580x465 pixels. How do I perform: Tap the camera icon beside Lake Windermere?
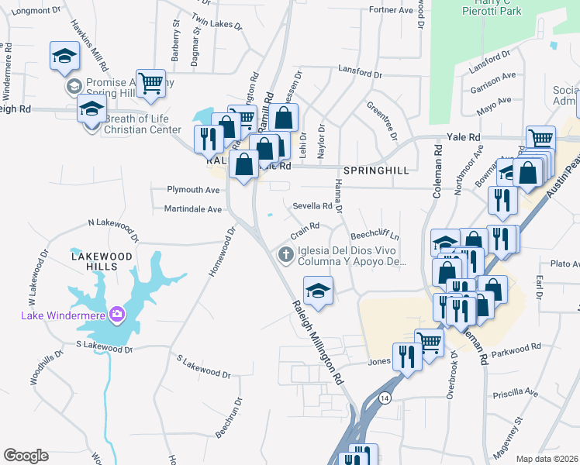tap(117, 314)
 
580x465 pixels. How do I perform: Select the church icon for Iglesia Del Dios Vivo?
tap(286, 254)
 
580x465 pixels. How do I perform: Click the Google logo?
tap(26, 456)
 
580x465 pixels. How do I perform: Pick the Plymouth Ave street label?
tap(195, 190)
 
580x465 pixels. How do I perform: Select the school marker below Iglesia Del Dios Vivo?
tap(318, 291)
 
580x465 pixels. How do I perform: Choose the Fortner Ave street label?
tap(391, 10)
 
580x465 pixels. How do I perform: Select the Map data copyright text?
tap(546, 459)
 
